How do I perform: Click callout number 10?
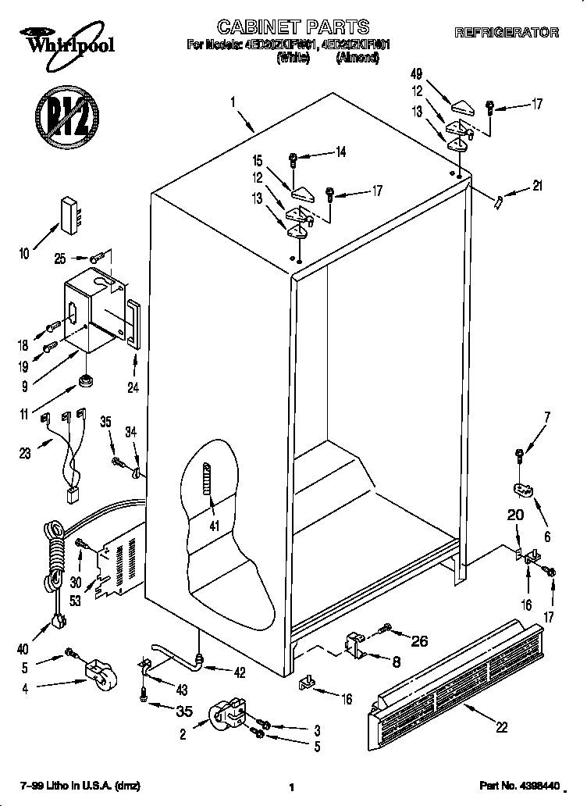coord(23,252)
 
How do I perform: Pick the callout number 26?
coord(419,642)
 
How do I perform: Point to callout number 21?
coord(537,186)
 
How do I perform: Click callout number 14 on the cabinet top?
coord(340,153)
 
